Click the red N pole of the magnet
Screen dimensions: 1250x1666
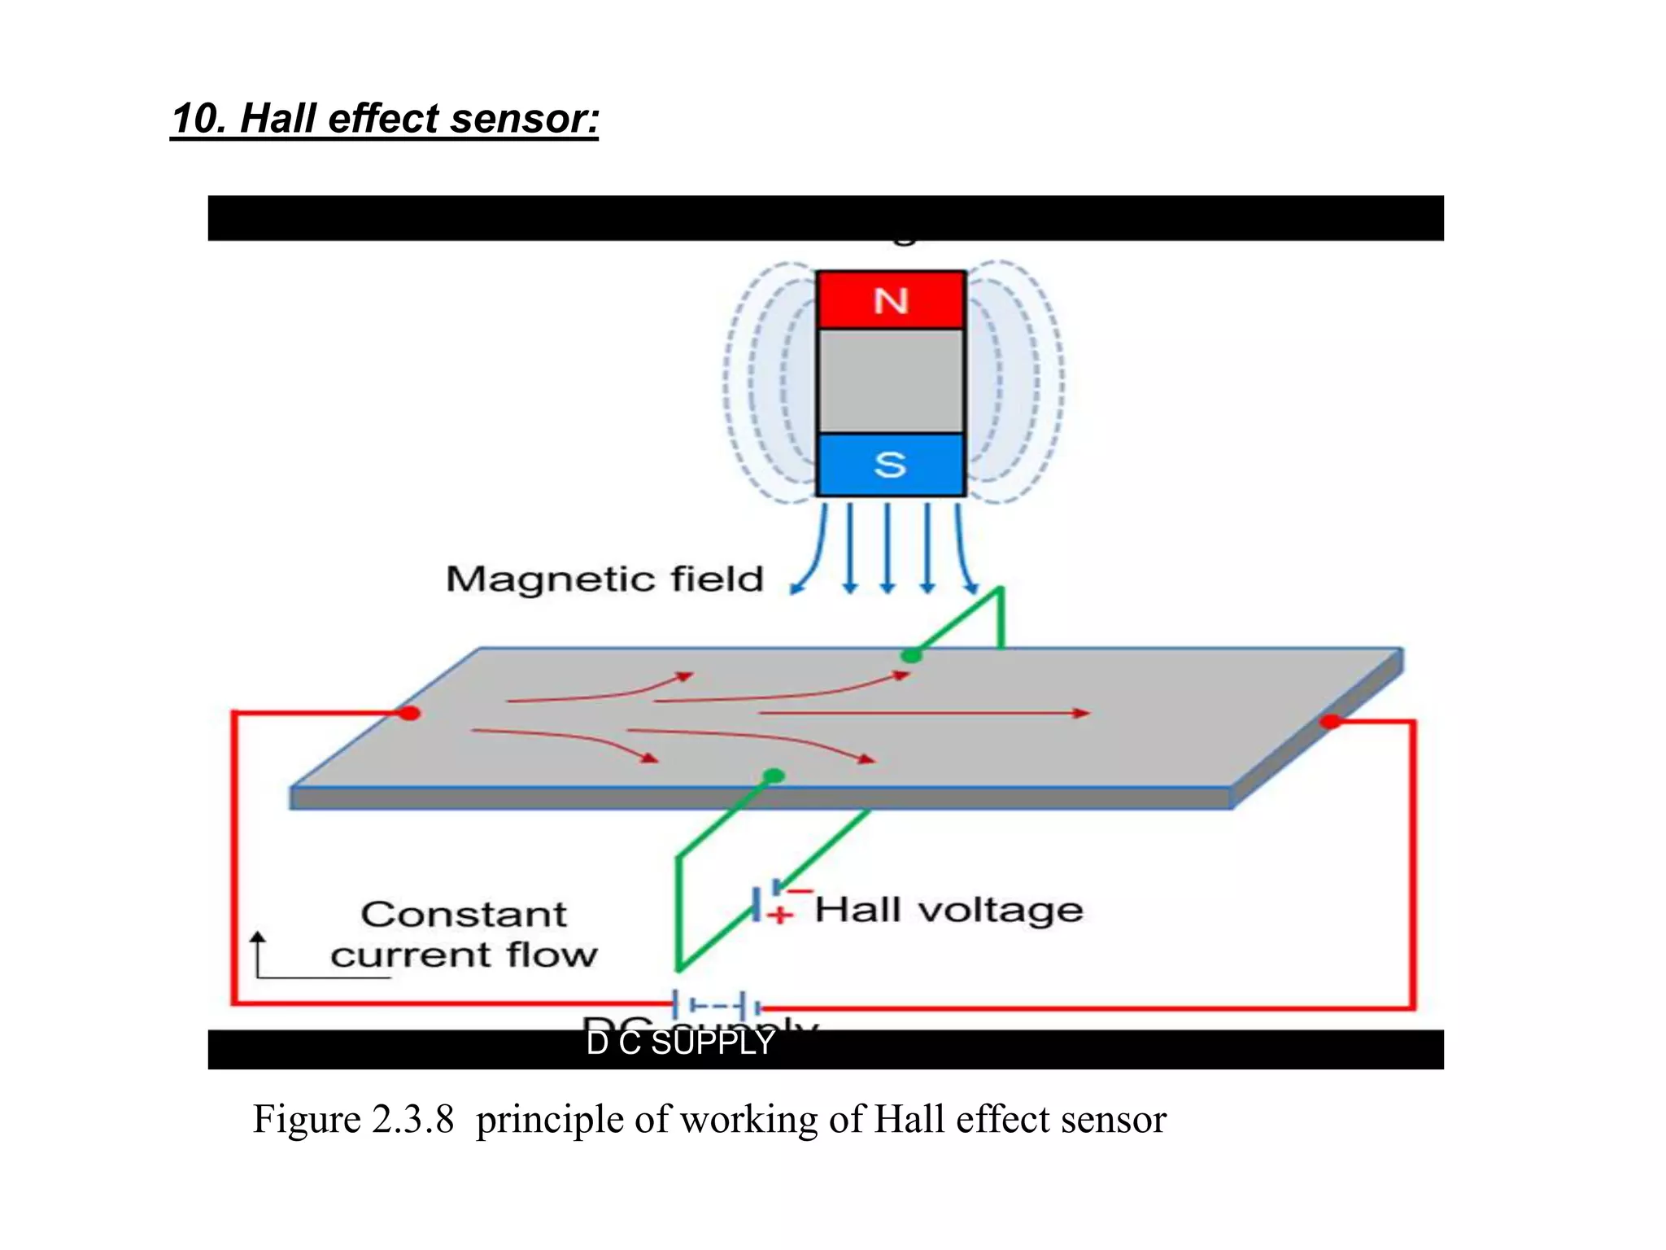(891, 300)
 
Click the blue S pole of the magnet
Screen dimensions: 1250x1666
(891, 465)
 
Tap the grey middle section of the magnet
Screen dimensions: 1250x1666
(891, 381)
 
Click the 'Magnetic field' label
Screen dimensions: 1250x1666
(604, 579)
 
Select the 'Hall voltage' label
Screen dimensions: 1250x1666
(949, 910)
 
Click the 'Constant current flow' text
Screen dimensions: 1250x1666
(464, 934)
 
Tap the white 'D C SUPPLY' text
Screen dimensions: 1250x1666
(680, 1043)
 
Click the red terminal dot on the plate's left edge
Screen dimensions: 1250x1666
(409, 714)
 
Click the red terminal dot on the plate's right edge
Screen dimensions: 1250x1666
(1331, 721)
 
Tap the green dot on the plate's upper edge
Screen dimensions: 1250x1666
(912, 655)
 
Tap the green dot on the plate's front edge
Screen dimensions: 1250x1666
(774, 776)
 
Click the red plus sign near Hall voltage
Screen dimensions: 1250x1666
(780, 916)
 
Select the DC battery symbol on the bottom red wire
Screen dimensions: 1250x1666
(716, 1005)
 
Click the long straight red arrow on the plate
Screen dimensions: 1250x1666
(923, 714)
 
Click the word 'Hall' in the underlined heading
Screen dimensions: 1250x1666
(279, 119)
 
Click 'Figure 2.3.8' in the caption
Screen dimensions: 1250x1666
(353, 1119)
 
